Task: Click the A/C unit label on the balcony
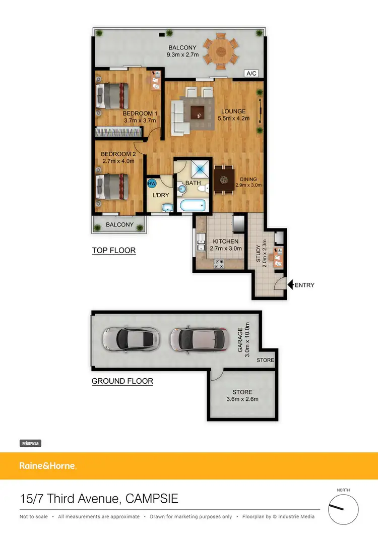pos(251,74)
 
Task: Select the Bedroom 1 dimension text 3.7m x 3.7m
pos(140,121)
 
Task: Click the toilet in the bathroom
pos(202,189)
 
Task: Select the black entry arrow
pos(290,285)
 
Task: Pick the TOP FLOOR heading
pos(113,250)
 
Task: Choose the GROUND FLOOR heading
pos(122,381)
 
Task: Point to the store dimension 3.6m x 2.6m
pos(242,399)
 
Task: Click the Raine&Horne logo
pos(47,466)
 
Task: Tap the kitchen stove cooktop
pos(219,263)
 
